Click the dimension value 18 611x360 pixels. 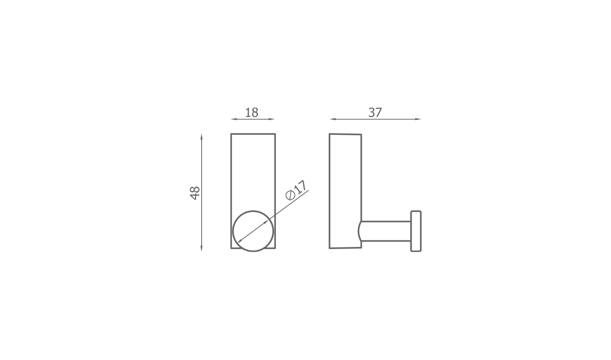251,113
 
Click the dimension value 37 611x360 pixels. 375,113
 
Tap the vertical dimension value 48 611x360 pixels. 195,193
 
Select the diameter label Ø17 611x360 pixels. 296,191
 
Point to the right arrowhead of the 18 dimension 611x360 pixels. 271,119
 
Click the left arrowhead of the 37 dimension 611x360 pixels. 333,119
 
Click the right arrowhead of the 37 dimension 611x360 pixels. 418,119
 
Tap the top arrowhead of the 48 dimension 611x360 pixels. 202,137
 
